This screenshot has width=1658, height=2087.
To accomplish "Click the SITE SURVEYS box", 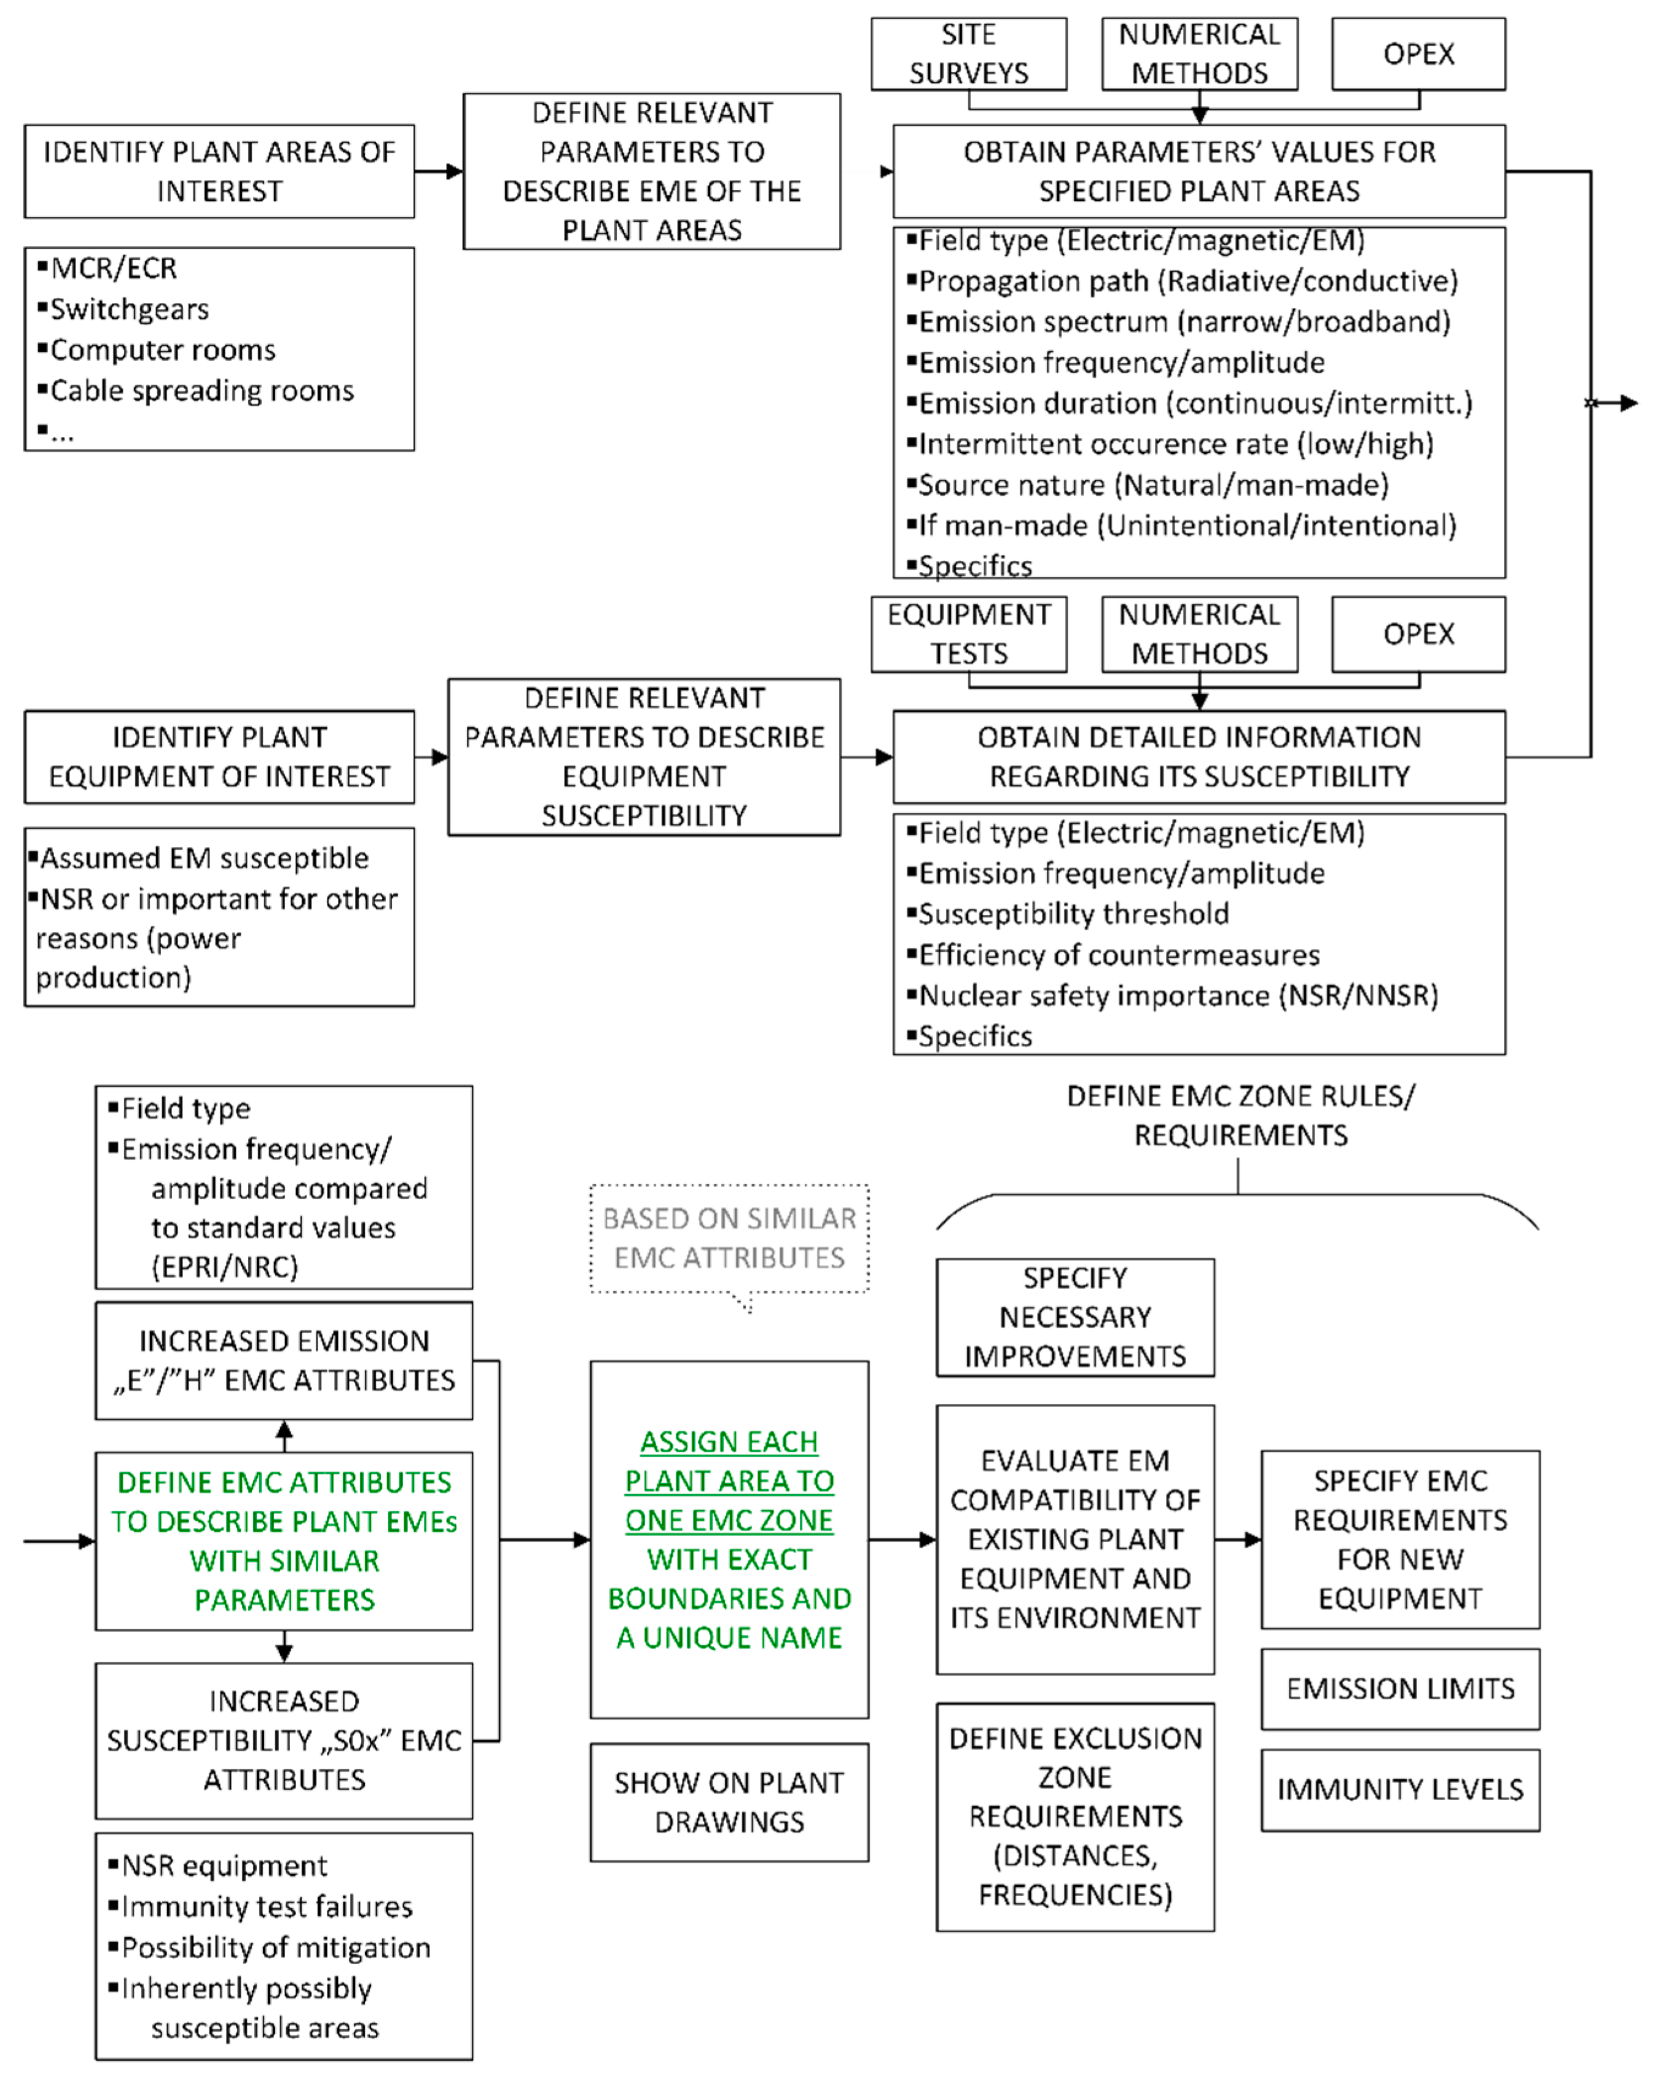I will (968, 54).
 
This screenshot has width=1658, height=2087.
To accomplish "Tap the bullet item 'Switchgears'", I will (129, 310).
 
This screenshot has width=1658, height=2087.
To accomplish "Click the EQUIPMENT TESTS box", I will (968, 634).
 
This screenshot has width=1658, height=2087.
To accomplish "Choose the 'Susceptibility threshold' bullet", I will (1073, 914).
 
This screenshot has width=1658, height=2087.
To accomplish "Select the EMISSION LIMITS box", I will (1399, 1689).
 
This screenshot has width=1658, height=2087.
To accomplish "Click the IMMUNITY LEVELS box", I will (1399, 1790).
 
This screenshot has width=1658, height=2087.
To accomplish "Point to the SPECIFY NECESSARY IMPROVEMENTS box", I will (1074, 1317).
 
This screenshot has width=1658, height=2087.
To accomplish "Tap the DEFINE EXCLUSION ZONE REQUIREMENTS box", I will (1074, 1817).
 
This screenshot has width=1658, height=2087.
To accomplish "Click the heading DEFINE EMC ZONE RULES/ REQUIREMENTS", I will (1240, 1115).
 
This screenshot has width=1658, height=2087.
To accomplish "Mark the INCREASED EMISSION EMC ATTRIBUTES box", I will (284, 1360).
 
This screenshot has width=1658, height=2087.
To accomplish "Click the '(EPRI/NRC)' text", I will (225, 1267).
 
